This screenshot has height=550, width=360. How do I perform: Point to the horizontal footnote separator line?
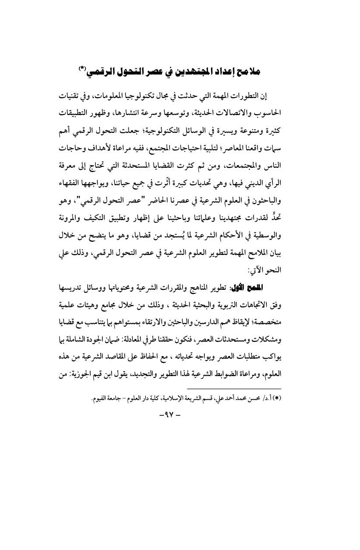(234, 364)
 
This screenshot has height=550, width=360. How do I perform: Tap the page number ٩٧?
(180, 390)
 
